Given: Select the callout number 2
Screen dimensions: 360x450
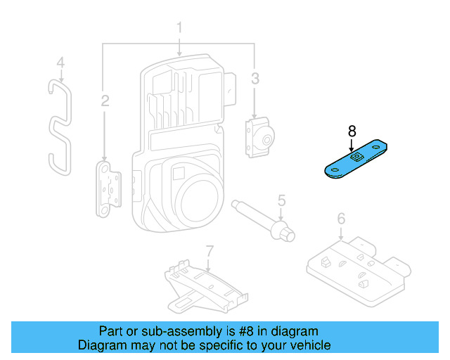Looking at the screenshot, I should pos(105,102).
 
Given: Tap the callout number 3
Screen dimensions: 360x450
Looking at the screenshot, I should pos(255,77).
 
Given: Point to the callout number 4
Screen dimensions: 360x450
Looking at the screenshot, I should pos(60,63).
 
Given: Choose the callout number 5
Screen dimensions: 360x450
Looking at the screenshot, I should pos(281,201).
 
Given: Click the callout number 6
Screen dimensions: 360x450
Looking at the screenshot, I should pos(341,219).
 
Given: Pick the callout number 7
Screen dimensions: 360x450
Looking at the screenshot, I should pos(209,251).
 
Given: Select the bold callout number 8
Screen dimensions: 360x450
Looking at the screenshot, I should pos(352,131).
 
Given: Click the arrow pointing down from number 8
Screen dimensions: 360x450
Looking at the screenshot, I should pos(352,143).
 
